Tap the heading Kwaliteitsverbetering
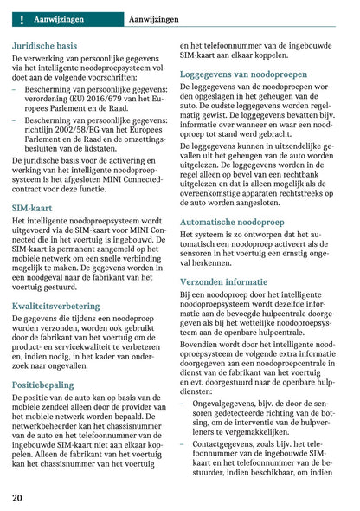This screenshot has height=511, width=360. [62, 306]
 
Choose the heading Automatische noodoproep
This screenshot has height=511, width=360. [232, 221]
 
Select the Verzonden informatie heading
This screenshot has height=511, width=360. [223, 281]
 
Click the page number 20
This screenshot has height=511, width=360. [18, 497]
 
